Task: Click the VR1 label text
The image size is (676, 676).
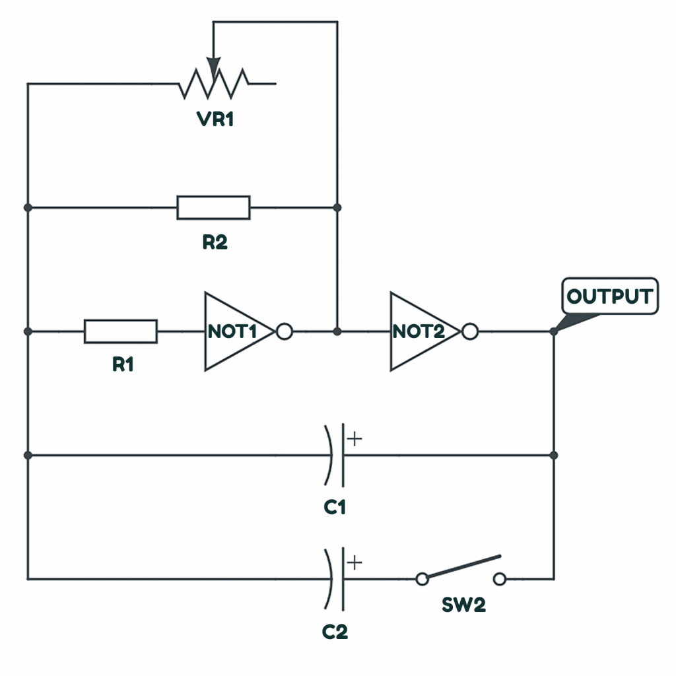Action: tap(215, 119)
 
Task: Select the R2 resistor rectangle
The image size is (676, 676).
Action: tap(213, 207)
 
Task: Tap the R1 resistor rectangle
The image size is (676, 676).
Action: tap(121, 331)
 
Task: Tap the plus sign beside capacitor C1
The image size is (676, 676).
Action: tap(355, 439)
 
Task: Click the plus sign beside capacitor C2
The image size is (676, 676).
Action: tap(355, 562)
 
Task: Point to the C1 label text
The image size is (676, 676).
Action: tap(335, 507)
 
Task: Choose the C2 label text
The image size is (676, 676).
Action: tap(335, 632)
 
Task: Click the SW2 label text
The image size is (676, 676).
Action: tap(464, 605)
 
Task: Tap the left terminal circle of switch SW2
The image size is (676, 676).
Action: tap(422, 578)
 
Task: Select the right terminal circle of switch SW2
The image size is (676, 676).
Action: tap(500, 578)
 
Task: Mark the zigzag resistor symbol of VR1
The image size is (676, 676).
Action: tap(213, 84)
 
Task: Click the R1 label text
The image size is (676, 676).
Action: tap(123, 364)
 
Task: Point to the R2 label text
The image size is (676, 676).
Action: tap(215, 242)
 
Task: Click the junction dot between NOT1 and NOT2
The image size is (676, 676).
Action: tap(337, 331)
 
